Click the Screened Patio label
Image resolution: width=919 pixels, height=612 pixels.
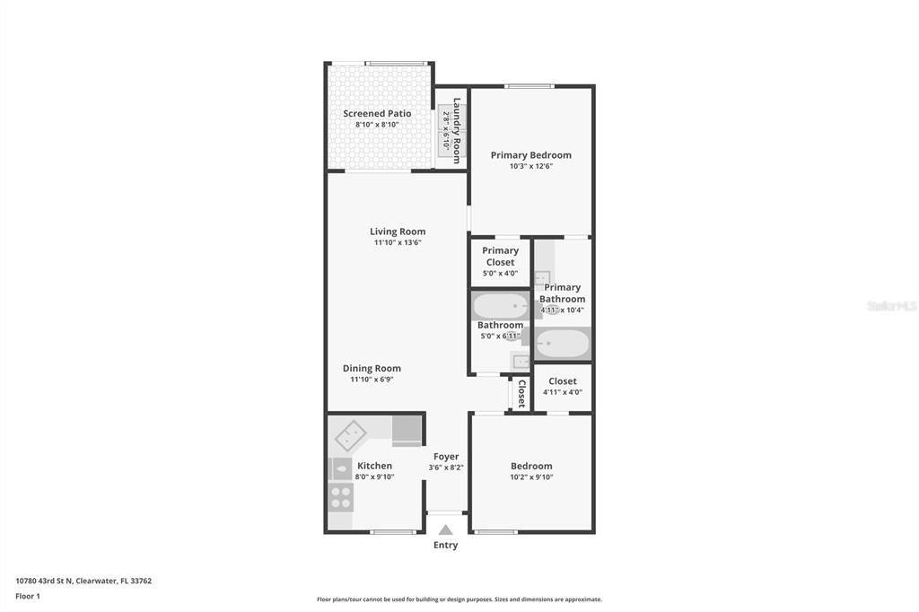(377, 114)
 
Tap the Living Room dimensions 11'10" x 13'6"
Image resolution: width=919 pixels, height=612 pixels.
(398, 242)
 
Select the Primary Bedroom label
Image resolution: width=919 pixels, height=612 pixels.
(530, 155)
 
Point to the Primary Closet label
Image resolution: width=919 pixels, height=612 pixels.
(500, 257)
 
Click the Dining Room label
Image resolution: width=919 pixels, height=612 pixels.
(372, 368)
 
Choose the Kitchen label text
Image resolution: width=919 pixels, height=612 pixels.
(374, 466)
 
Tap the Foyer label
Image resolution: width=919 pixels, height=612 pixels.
(446, 457)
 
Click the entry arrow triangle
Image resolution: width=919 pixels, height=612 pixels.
(445, 529)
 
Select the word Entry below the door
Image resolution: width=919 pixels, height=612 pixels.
(445, 545)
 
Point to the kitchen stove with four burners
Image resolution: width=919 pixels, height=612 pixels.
(340, 497)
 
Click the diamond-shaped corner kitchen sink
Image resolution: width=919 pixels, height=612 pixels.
(350, 436)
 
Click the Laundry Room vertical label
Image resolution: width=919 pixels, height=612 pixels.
(457, 130)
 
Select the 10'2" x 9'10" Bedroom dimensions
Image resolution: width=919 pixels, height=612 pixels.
(531, 477)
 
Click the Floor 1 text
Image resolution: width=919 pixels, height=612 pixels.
(28, 596)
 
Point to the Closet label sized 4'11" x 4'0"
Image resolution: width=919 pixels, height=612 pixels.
(563, 381)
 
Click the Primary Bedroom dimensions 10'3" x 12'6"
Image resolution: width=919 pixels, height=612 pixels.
(530, 166)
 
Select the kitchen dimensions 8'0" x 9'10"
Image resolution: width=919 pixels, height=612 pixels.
(374, 477)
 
